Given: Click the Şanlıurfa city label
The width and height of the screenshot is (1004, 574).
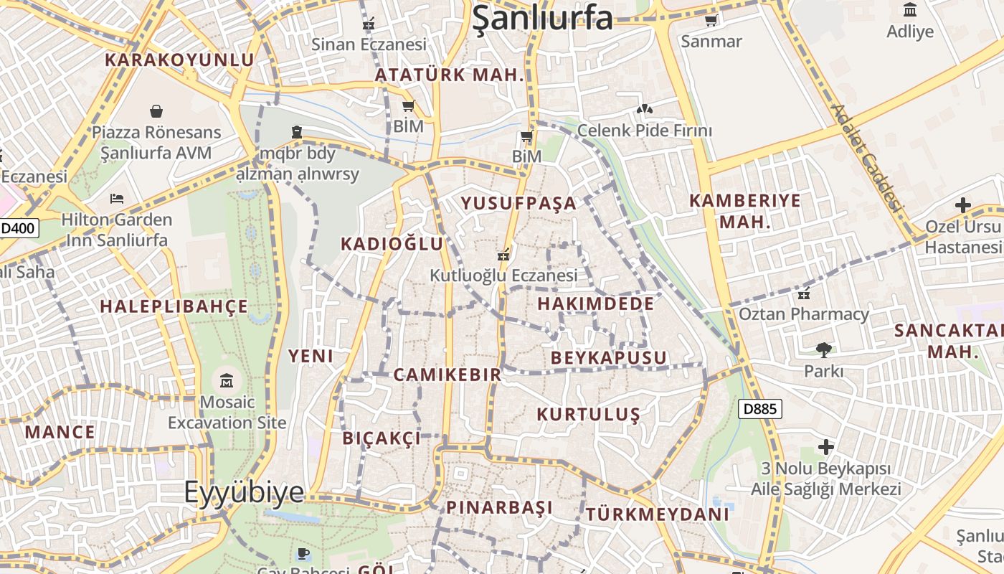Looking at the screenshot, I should coord(542,18).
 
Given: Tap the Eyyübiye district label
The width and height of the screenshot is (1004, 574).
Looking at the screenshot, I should coord(244,493).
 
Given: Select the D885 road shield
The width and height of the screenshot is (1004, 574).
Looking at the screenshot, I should coord(759,409).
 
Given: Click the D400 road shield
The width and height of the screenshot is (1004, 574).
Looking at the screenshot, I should coord(19,229).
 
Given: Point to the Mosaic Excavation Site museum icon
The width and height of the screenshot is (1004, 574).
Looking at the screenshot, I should coord(227,380).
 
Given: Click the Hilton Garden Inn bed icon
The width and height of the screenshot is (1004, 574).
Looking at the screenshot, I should coord(117,199).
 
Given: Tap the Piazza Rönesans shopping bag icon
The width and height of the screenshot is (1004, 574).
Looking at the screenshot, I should coord(156,111).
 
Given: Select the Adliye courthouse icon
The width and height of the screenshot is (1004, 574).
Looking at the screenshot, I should coord(910,10).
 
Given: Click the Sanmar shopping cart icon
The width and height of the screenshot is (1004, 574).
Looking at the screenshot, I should coord(711,21).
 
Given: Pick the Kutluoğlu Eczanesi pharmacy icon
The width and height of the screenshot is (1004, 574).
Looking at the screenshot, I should coord(503,255).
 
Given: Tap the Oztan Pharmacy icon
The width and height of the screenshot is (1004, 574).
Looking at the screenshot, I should coord(804,293).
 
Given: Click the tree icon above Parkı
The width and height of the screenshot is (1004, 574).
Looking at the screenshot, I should coord(823,350).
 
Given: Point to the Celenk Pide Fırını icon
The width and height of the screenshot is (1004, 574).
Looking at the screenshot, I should coord(644,110).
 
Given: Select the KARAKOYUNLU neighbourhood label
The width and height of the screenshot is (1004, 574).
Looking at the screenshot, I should coord(179,60).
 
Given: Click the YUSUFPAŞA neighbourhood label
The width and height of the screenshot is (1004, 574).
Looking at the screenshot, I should coord(518,203).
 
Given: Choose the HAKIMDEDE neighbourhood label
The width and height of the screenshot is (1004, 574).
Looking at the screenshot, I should coord(595,304).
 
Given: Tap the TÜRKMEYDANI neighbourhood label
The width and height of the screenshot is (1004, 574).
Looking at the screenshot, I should coord(657,514).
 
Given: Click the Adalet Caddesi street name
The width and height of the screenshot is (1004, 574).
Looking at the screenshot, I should coord(866,156).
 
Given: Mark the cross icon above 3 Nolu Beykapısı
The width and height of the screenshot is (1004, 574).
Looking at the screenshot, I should coord(825,447).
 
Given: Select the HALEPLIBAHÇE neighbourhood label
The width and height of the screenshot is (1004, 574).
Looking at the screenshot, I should coord(174,307).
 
